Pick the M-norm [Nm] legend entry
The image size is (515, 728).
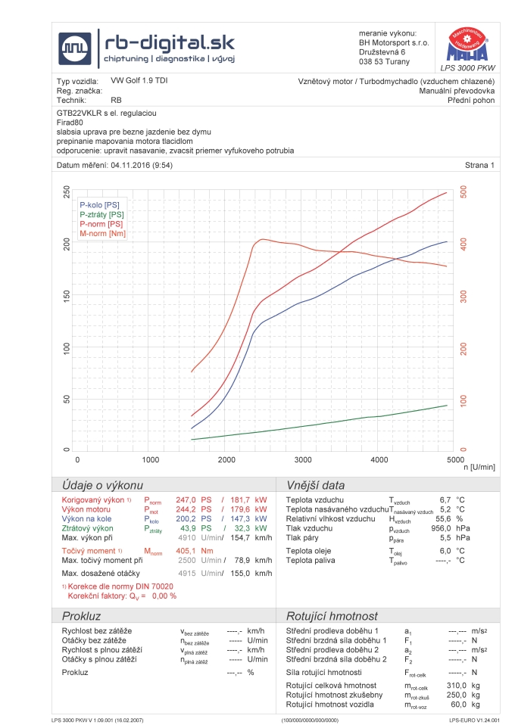(x=102, y=234)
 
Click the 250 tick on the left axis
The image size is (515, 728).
(x=67, y=193)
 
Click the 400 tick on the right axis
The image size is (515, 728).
(x=463, y=244)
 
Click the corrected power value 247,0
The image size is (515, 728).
(x=186, y=500)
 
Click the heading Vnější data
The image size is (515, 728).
(x=315, y=485)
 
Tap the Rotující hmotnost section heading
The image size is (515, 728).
(x=332, y=616)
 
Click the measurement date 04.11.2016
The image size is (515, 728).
(x=133, y=164)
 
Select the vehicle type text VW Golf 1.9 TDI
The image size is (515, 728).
(x=139, y=80)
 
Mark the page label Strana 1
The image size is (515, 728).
(x=479, y=164)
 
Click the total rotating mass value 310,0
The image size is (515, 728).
(x=457, y=685)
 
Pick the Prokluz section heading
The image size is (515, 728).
(x=82, y=616)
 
